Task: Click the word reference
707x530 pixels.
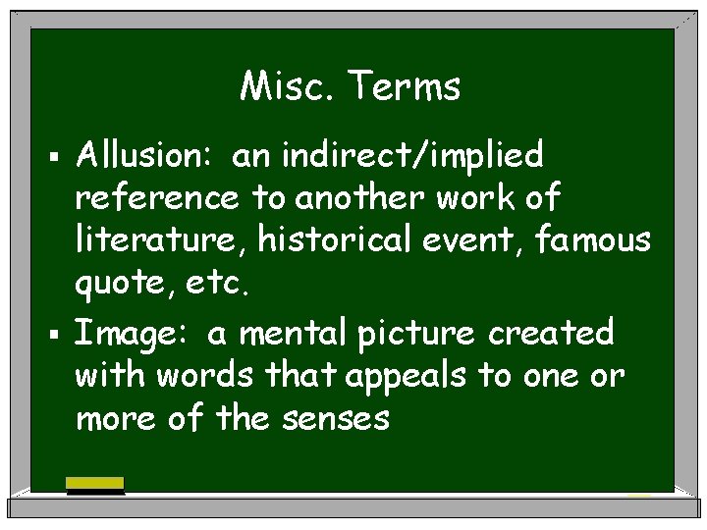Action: coord(156,199)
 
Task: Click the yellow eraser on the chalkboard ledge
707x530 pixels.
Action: coord(94,483)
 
